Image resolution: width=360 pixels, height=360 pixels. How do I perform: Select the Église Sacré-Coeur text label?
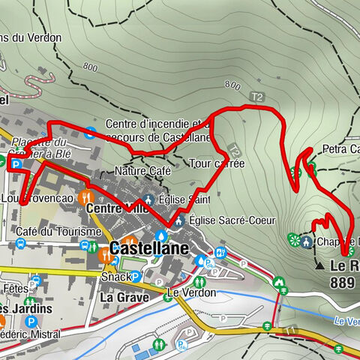232,220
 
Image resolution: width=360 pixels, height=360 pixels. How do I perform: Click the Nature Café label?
144,172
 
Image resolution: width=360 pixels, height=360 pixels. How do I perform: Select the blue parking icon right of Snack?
136,276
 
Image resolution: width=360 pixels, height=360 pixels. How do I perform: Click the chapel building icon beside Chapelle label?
307,241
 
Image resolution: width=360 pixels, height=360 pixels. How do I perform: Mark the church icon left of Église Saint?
148,200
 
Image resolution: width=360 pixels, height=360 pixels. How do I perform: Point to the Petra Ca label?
341,149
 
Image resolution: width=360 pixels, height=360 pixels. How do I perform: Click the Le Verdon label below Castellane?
191,292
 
